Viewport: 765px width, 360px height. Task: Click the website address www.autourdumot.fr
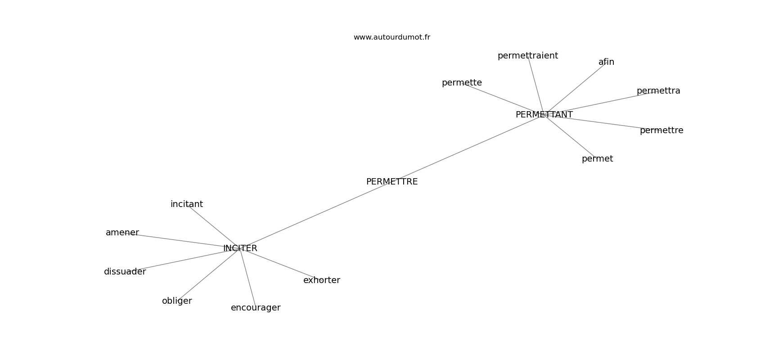pos(391,37)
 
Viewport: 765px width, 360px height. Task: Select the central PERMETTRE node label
pos(391,182)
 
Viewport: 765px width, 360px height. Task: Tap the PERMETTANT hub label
pos(544,115)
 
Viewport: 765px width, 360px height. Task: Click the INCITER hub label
pos(240,248)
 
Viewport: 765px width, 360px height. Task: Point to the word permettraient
pos(527,56)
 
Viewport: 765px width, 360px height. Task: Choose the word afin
pos(606,62)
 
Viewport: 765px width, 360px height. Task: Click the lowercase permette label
pos(461,83)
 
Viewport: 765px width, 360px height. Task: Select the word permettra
pos(658,91)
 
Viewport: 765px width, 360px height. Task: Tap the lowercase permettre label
pos(661,130)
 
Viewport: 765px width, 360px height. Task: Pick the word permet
pos(597,159)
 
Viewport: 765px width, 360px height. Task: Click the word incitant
pos(186,204)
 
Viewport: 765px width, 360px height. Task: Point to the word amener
pos(122,233)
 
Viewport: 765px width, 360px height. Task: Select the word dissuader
pos(125,272)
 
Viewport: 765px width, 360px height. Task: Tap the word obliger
pos(177,301)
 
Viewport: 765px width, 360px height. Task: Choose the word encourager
pos(255,308)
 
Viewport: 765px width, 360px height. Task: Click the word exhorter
pos(321,280)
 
